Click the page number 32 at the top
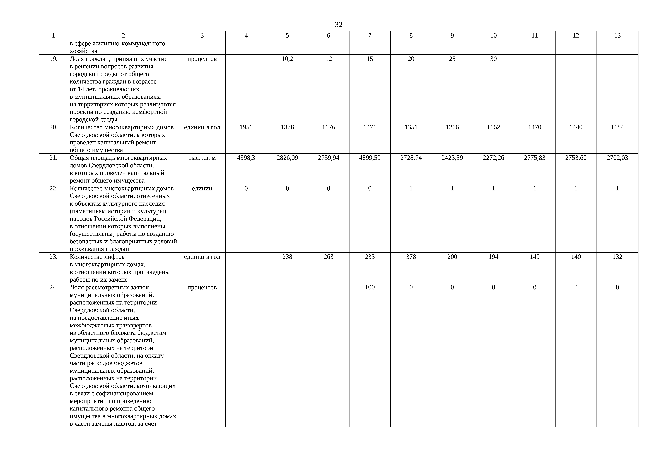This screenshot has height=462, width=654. (x=338, y=25)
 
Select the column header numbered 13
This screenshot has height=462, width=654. (x=617, y=36)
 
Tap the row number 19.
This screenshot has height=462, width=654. (x=54, y=59)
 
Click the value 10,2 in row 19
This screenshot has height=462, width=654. (x=287, y=59)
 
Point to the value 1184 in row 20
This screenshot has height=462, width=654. (x=617, y=127)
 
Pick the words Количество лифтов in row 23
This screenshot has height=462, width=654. (x=97, y=257)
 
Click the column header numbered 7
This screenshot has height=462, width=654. (x=370, y=36)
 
